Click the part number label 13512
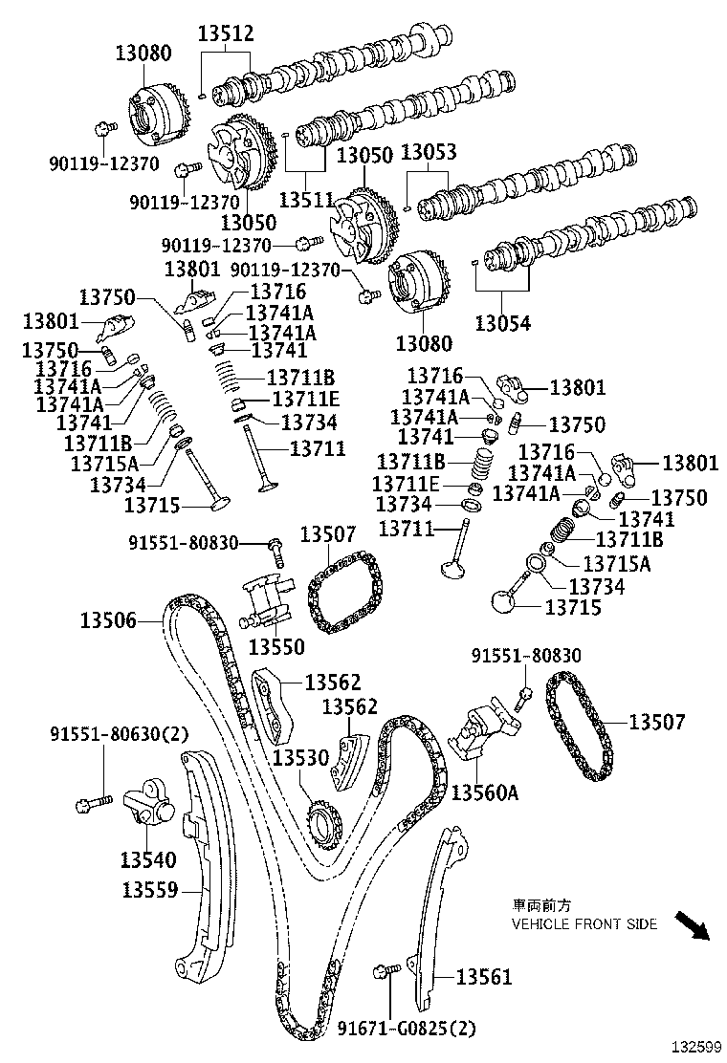(x=226, y=34)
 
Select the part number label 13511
(x=306, y=200)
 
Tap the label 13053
(x=428, y=153)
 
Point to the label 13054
(x=503, y=324)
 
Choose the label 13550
(x=276, y=647)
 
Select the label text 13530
(x=300, y=757)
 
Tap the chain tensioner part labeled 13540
(x=146, y=802)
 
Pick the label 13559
(x=149, y=890)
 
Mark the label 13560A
(x=484, y=793)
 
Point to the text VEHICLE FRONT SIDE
(x=584, y=924)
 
